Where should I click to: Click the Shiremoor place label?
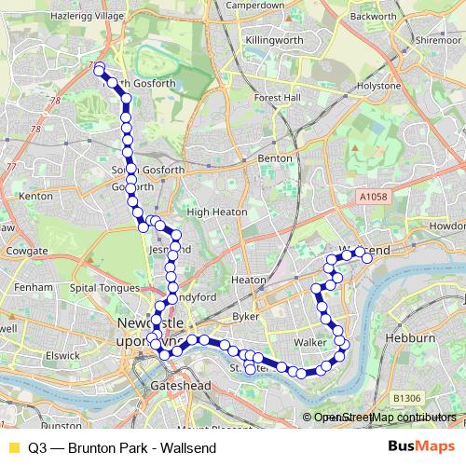tap(438, 41)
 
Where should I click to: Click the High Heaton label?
tap(216, 212)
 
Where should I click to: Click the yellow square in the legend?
tap(13, 447)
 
